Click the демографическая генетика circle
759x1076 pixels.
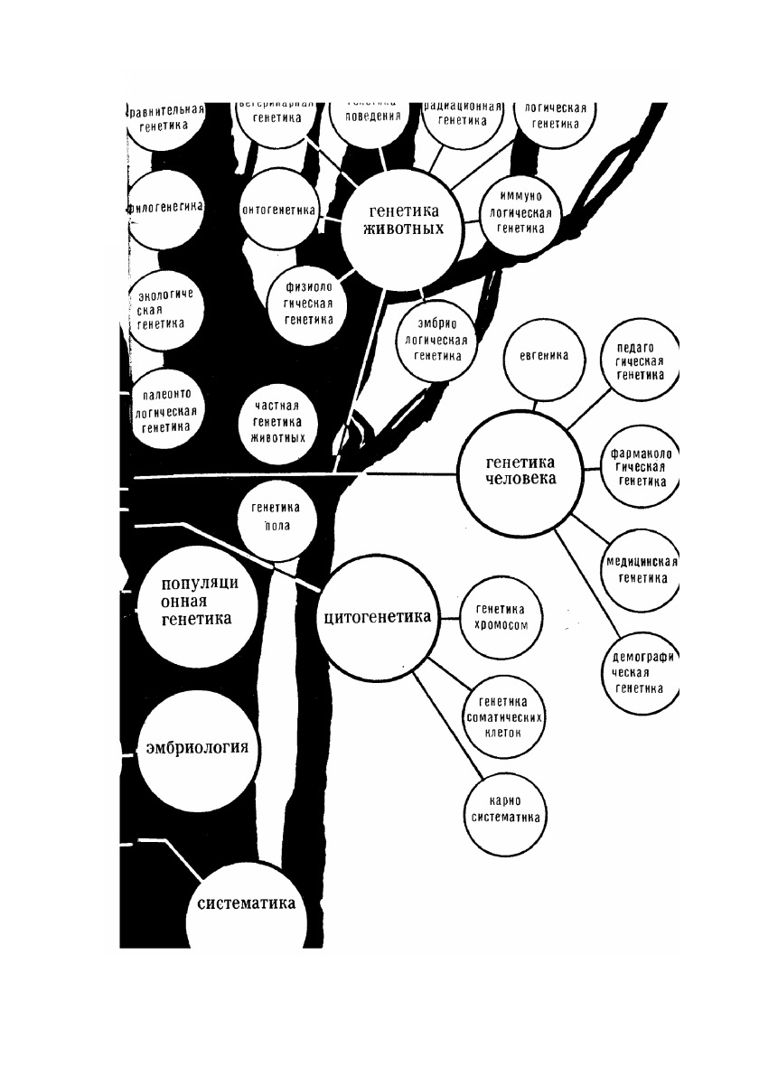pyautogui.click(x=641, y=669)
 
